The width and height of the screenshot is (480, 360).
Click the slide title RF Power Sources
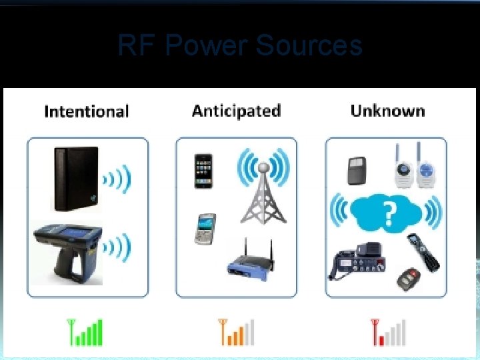[240, 45]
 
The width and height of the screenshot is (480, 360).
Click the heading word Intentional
[86, 111]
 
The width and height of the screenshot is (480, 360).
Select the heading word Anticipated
[236, 111]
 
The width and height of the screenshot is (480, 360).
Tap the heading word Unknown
[387, 111]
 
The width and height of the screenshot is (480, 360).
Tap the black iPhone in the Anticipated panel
[203, 171]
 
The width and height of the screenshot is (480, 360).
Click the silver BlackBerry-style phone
[206, 229]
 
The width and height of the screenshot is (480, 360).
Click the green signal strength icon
[86, 331]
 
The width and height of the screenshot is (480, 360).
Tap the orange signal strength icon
[237, 331]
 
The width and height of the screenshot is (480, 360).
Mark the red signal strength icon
[388, 331]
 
